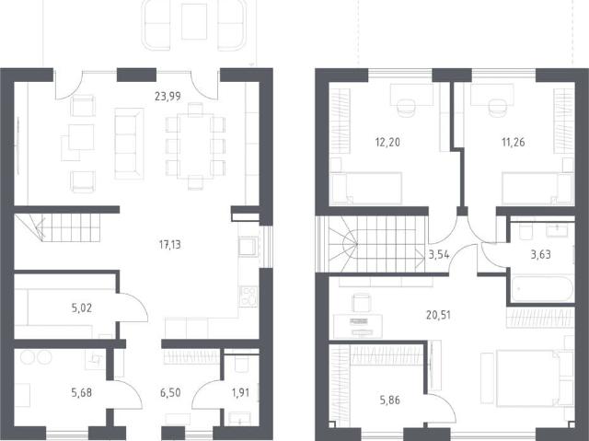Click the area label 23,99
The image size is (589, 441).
[167, 97]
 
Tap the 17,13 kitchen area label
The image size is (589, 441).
[169, 245]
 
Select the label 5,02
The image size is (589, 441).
[82, 308]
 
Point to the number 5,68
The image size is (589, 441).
[82, 393]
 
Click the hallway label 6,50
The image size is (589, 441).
[170, 393]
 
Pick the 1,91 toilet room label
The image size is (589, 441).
[240, 393]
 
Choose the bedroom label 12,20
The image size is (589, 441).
[387, 143]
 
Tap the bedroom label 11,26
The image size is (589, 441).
[514, 143]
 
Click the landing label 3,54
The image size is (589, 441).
[439, 255]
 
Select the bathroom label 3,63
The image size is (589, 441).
[540, 255]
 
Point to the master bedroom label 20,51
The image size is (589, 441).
[438, 315]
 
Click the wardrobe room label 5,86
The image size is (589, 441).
[389, 400]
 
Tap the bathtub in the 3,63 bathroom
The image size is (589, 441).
[542, 288]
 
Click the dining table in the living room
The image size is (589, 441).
[195, 146]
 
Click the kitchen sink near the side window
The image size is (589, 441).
[248, 247]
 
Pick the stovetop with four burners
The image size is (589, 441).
[248, 296]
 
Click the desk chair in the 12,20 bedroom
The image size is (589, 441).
[406, 106]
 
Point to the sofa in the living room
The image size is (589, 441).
[129, 143]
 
